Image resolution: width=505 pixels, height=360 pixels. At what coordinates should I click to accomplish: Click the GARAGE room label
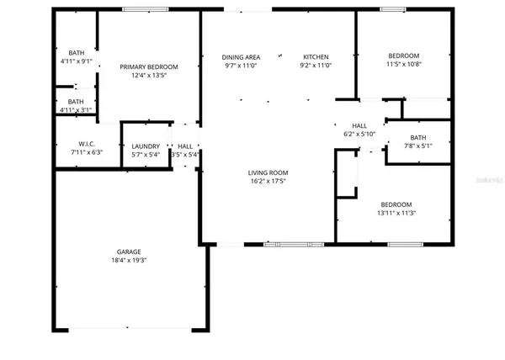coord(128,251)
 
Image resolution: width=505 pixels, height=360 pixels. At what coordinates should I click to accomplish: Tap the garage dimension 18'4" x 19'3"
coord(128,261)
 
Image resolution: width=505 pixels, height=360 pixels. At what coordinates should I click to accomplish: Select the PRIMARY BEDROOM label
coord(149,67)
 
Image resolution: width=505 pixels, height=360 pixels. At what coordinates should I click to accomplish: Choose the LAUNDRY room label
coord(146,146)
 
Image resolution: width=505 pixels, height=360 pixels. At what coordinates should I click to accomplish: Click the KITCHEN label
coord(316,57)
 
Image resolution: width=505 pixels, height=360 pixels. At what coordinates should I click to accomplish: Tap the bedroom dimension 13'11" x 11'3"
coord(395,214)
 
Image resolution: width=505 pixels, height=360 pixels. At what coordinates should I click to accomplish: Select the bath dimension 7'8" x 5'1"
coord(418,146)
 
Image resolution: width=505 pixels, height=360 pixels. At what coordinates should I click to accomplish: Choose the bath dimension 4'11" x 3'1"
coord(77,109)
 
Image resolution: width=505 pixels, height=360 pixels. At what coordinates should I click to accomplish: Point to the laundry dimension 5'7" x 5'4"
coord(146,155)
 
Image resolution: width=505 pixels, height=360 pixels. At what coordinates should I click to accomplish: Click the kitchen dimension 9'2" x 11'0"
coord(316,66)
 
